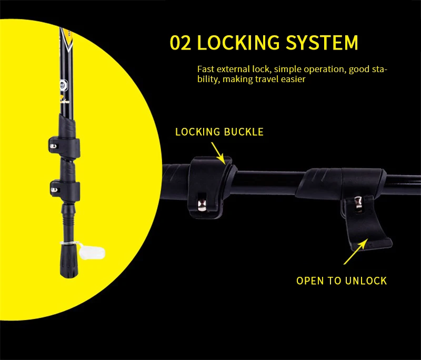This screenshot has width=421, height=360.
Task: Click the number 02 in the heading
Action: (x=180, y=43)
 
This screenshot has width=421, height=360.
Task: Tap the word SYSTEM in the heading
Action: (x=323, y=43)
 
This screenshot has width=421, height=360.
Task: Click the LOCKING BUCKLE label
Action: (x=219, y=132)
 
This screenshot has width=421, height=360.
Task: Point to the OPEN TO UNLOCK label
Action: (x=342, y=281)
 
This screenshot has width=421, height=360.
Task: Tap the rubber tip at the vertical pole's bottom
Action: (x=68, y=263)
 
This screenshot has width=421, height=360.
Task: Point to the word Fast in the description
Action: (x=205, y=69)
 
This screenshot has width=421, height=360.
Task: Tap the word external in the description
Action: (x=233, y=69)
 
